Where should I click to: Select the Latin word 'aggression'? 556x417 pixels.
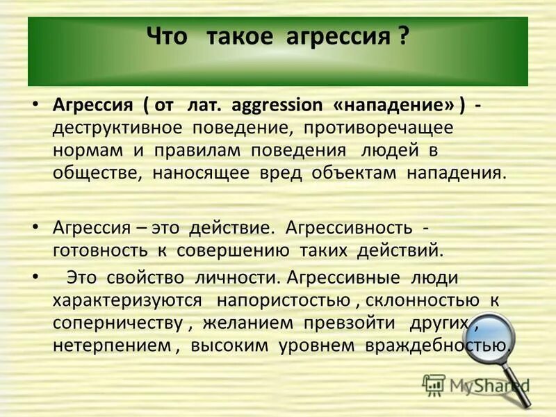coord(276,106)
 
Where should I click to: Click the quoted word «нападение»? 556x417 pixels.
coord(391,106)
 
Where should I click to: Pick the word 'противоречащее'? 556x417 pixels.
coord(375,129)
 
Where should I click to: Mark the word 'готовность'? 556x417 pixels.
coord(94,249)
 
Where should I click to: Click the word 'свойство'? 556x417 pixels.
coord(145,278)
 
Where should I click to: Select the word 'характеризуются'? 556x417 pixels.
coord(127,300)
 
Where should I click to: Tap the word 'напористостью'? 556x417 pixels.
coord(283,300)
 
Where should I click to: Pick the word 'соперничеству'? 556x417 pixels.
coord(118,323)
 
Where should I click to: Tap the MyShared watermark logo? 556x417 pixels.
coord(477,384)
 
